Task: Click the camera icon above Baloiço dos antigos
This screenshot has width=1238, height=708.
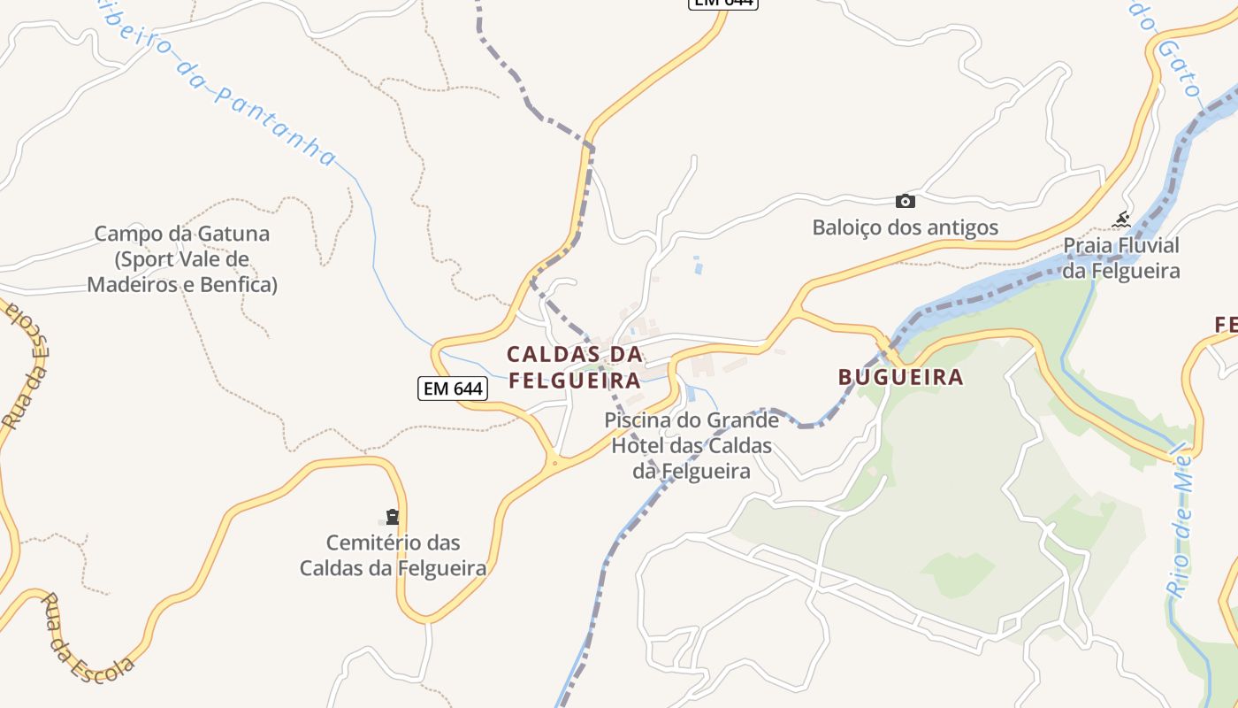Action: tap(905, 201)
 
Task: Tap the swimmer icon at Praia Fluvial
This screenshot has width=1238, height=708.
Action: tap(1122, 219)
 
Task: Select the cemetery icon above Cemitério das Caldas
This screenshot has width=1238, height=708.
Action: tap(393, 516)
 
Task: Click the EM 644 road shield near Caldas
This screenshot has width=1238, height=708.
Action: tap(453, 388)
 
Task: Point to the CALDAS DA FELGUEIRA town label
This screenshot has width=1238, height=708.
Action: tap(574, 367)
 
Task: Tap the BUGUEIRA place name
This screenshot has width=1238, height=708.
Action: tap(900, 377)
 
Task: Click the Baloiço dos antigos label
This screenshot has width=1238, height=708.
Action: tap(906, 227)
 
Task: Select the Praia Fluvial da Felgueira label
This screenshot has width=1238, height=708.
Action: tap(1121, 258)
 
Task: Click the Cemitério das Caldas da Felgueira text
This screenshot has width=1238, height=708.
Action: tap(393, 555)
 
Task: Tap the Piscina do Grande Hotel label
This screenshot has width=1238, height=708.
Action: tap(692, 445)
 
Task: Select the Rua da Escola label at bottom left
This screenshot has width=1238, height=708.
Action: tap(88, 635)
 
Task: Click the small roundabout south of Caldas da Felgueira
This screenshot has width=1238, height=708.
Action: tap(554, 462)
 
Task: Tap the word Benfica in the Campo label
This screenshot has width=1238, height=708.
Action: tap(239, 285)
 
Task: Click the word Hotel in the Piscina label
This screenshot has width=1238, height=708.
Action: tap(643, 445)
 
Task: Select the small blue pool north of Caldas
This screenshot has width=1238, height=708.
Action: tap(699, 264)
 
